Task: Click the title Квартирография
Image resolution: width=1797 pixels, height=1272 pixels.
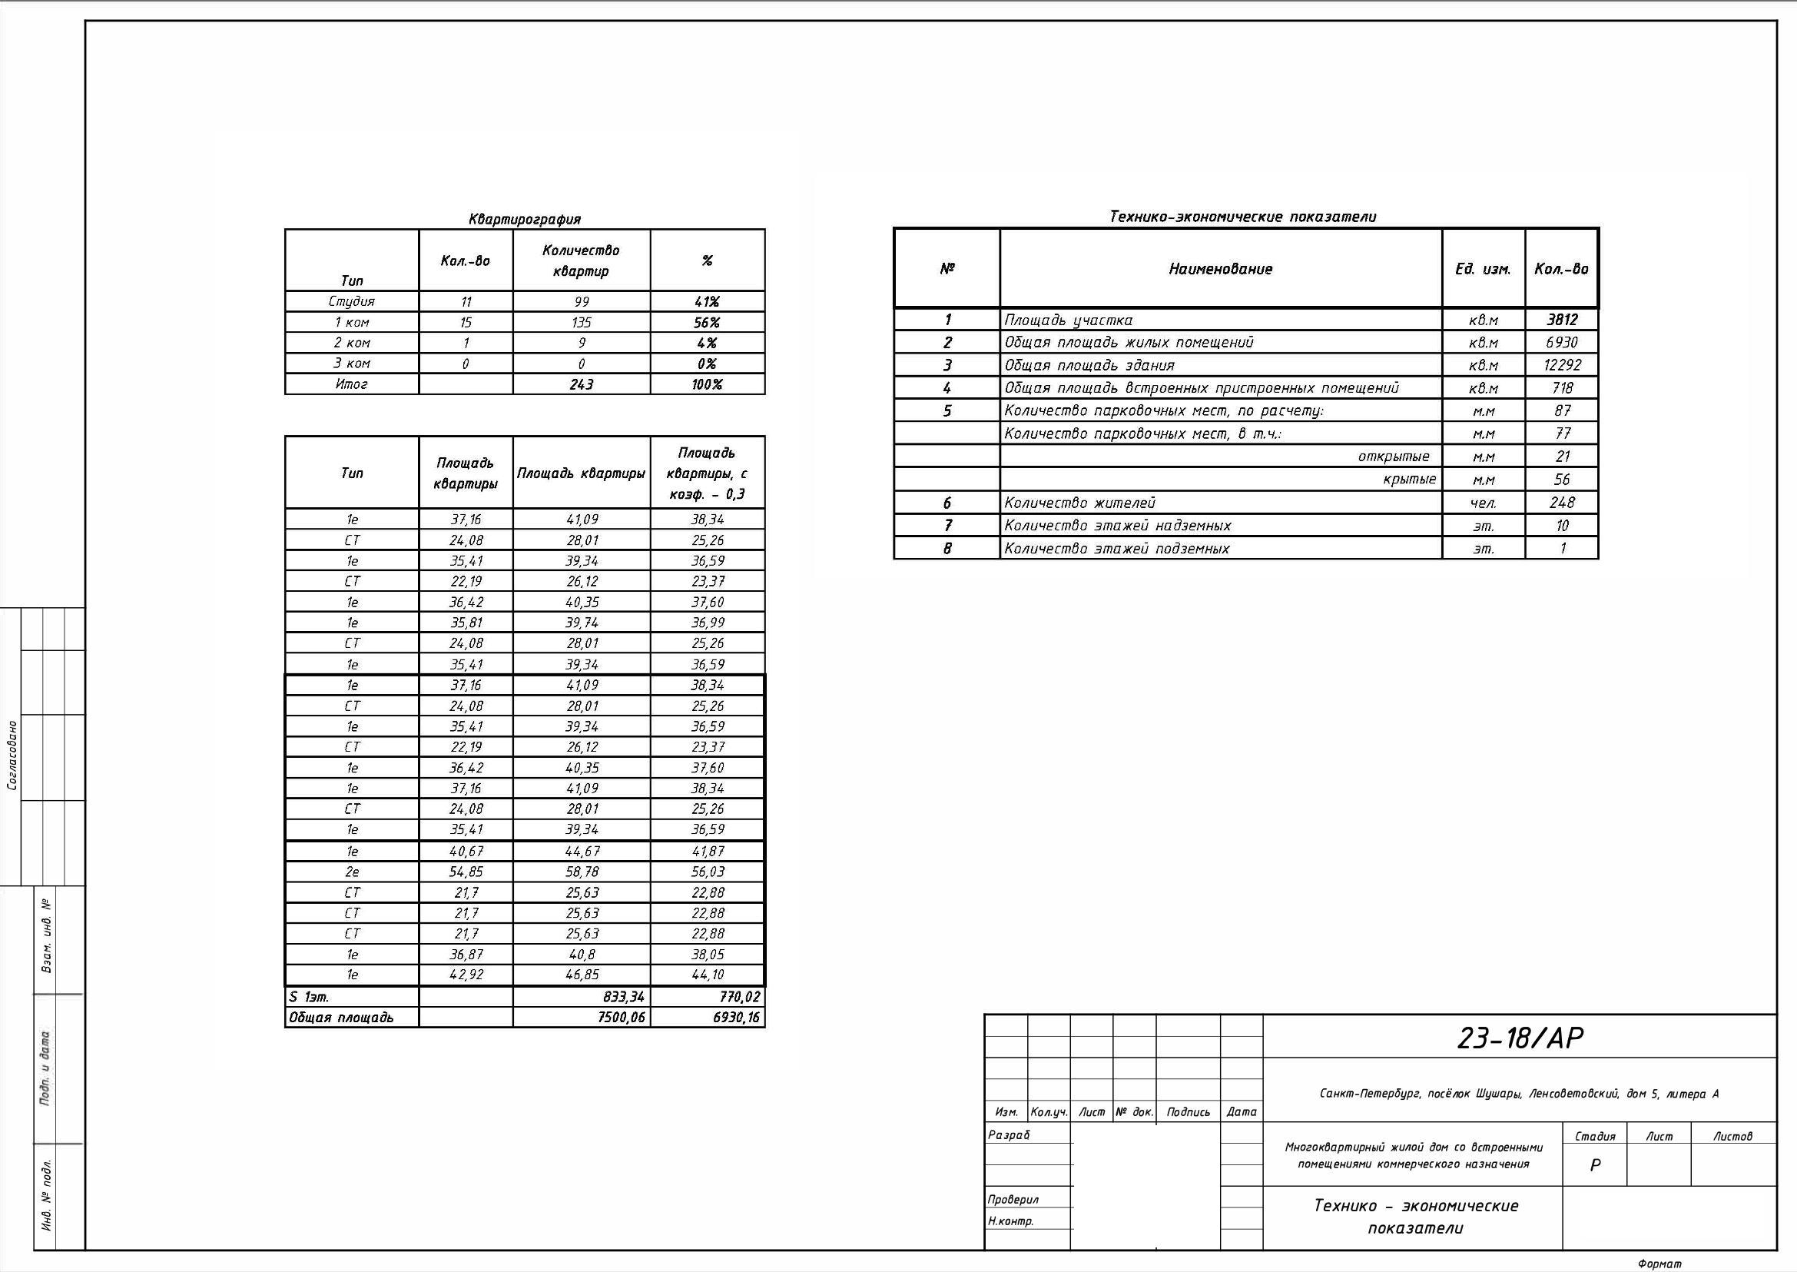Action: coord(524,219)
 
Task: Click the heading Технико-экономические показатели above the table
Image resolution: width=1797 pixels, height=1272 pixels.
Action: coord(1242,217)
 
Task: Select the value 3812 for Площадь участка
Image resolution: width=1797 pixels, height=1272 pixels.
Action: coord(1561,320)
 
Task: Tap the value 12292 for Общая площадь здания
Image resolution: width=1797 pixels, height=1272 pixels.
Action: coord(1561,365)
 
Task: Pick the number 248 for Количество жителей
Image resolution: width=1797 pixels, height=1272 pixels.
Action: coord(1561,503)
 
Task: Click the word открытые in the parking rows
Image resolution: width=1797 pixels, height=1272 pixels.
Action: coord(1393,457)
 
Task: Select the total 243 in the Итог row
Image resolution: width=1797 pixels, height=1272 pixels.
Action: coord(581,384)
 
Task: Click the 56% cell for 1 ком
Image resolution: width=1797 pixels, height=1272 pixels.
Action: coord(706,323)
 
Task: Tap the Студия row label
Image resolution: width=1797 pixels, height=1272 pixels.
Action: coord(352,301)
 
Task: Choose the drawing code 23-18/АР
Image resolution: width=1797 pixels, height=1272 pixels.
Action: coord(1519,1038)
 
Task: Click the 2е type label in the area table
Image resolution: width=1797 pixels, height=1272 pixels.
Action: coord(352,872)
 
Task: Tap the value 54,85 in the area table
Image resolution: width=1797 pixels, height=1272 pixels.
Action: coord(465,872)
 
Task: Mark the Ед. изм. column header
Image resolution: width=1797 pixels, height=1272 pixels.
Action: coord(1482,270)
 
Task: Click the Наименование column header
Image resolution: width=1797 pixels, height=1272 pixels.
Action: coord(1220,270)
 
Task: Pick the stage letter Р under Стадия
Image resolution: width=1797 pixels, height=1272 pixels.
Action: coord(1595,1165)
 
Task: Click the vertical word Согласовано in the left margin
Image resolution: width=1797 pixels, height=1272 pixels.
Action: coord(12,755)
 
